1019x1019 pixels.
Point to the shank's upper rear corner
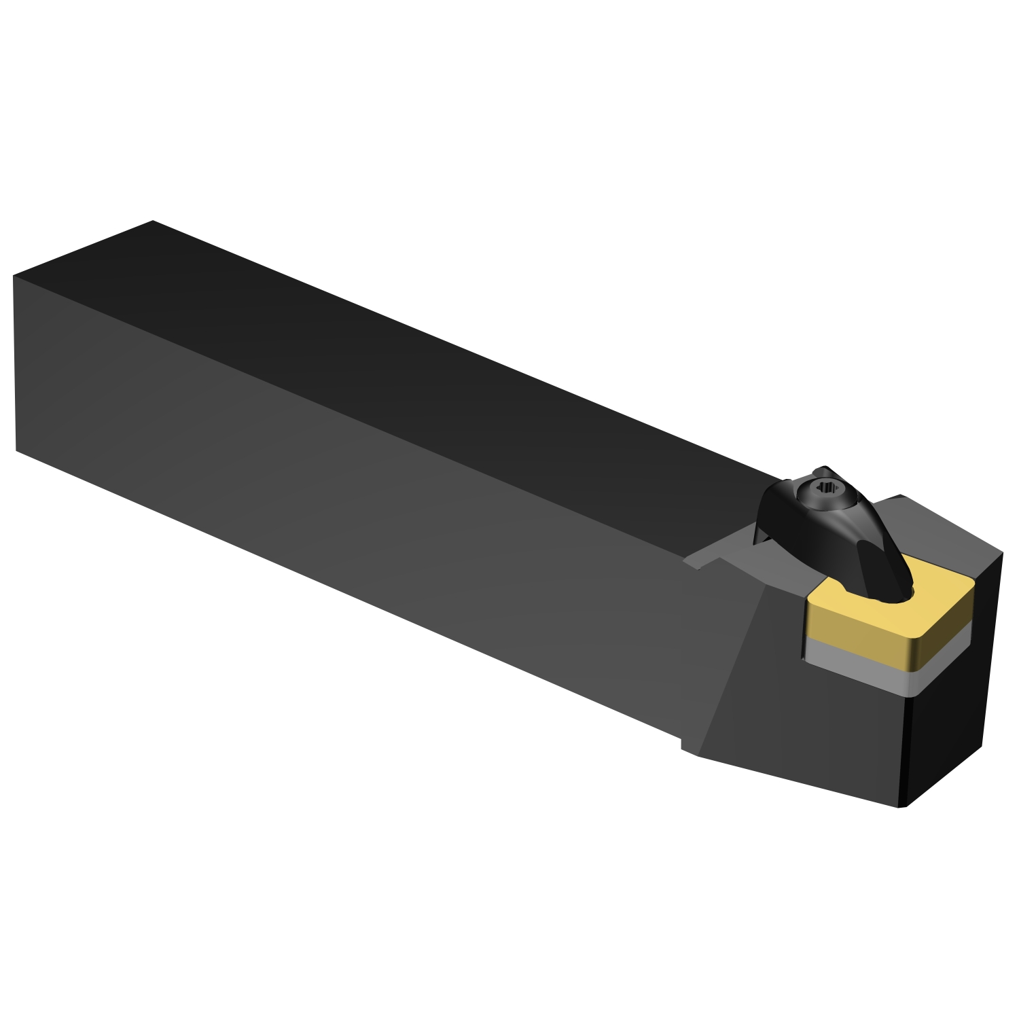click(x=153, y=221)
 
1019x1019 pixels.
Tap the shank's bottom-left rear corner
click(x=16, y=449)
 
